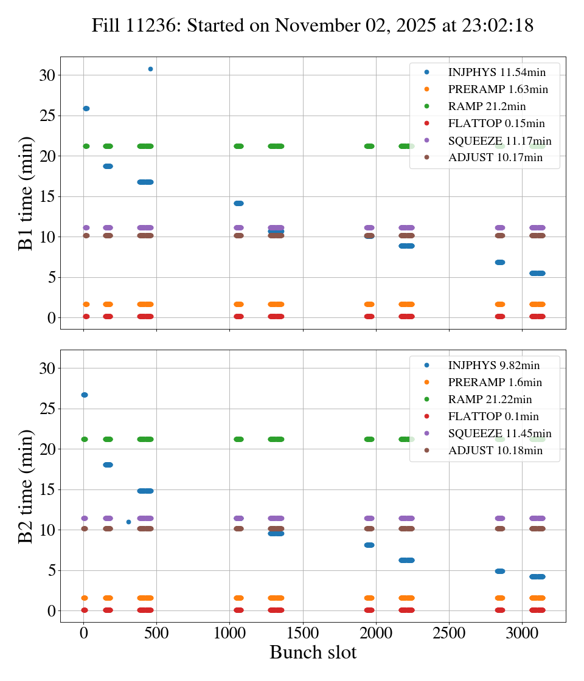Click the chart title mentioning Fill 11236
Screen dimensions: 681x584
pyautogui.click(x=313, y=26)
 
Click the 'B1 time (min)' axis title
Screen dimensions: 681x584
pyautogui.click(x=26, y=193)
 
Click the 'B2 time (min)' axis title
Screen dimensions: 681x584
pyautogui.click(x=26, y=486)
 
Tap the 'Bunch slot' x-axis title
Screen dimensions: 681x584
pyautogui.click(x=313, y=653)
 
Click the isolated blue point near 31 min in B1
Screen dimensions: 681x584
pyautogui.click(x=150, y=69)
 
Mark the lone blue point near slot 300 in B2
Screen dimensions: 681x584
pyautogui.click(x=128, y=522)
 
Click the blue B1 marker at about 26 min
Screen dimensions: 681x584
pyautogui.click(x=86, y=108)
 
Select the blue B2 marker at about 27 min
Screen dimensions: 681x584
pyautogui.click(x=85, y=395)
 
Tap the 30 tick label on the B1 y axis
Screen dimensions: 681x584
pyautogui.click(x=47, y=75)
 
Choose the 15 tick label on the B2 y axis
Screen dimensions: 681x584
pyautogui.click(x=47, y=489)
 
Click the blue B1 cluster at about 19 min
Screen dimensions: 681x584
pyautogui.click(x=108, y=166)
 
